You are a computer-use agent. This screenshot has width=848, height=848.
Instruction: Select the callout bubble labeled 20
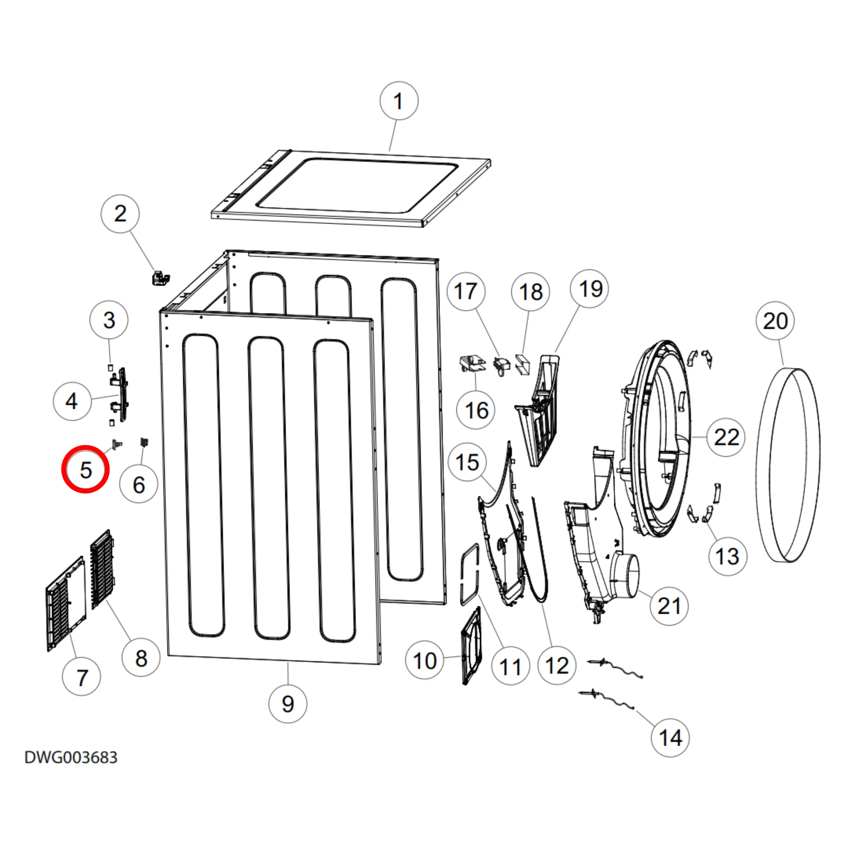pyautogui.click(x=775, y=321)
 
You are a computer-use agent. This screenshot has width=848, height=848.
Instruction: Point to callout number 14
pyautogui.click(x=670, y=738)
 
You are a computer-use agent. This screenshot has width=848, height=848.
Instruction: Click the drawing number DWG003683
pyautogui.click(x=71, y=757)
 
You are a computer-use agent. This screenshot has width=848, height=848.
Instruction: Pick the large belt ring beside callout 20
pyautogui.click(x=787, y=465)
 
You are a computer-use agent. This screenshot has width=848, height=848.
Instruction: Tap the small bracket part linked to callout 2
pyautogui.click(x=160, y=278)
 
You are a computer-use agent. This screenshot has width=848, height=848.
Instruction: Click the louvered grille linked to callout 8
pyautogui.click(x=102, y=569)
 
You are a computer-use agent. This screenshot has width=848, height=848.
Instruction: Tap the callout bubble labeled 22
pyautogui.click(x=726, y=437)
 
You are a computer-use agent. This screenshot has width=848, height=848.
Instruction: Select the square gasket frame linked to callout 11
pyautogui.click(x=469, y=575)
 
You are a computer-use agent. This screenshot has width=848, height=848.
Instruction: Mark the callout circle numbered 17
pyautogui.click(x=466, y=292)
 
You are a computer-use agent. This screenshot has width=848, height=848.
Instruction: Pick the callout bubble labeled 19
pyautogui.click(x=589, y=289)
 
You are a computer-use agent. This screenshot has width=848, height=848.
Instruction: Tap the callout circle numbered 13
pyautogui.click(x=727, y=556)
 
